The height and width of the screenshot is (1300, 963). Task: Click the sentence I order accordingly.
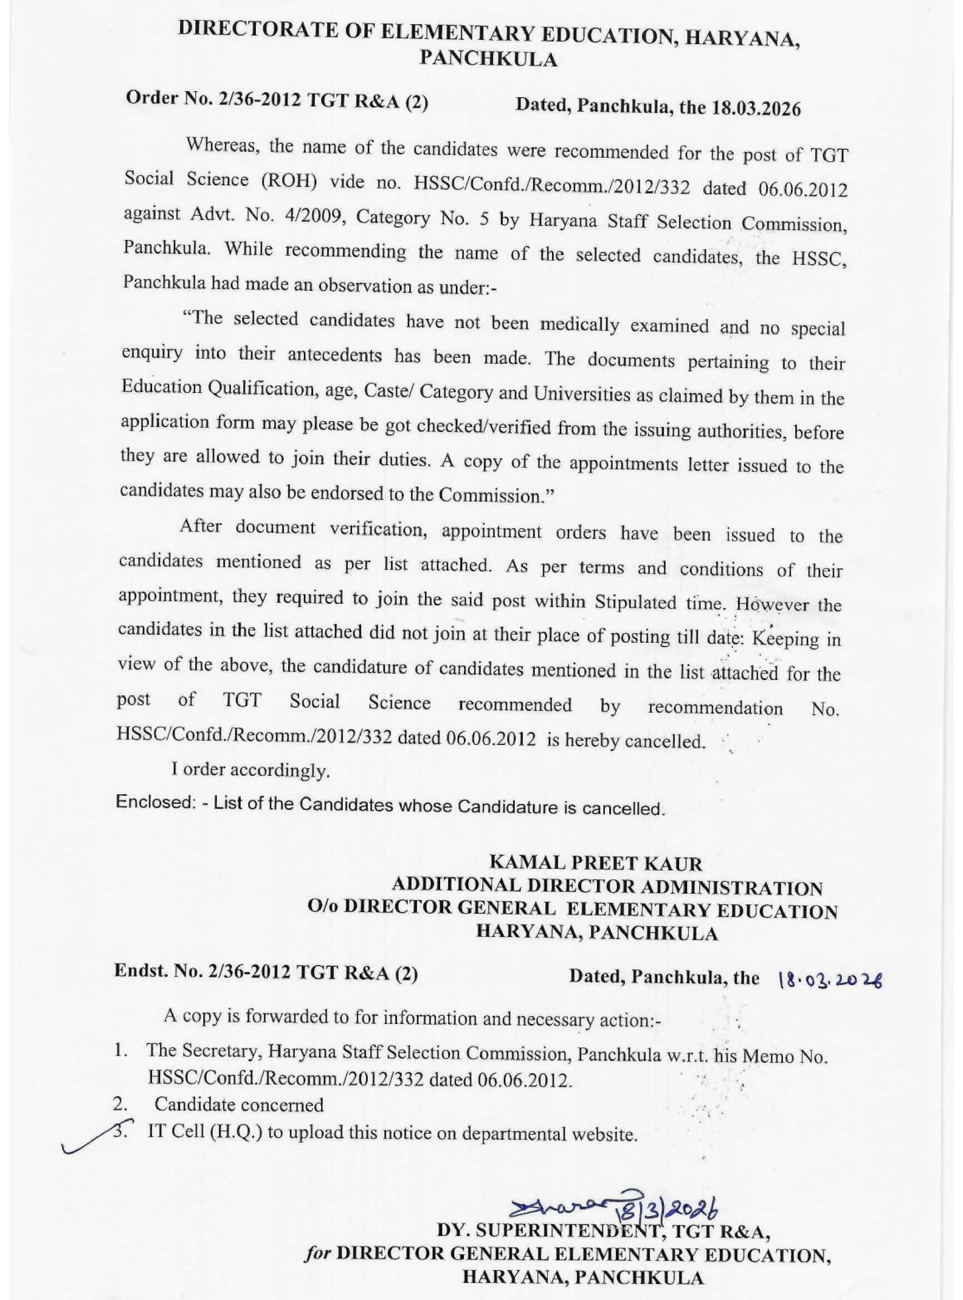click(x=251, y=770)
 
